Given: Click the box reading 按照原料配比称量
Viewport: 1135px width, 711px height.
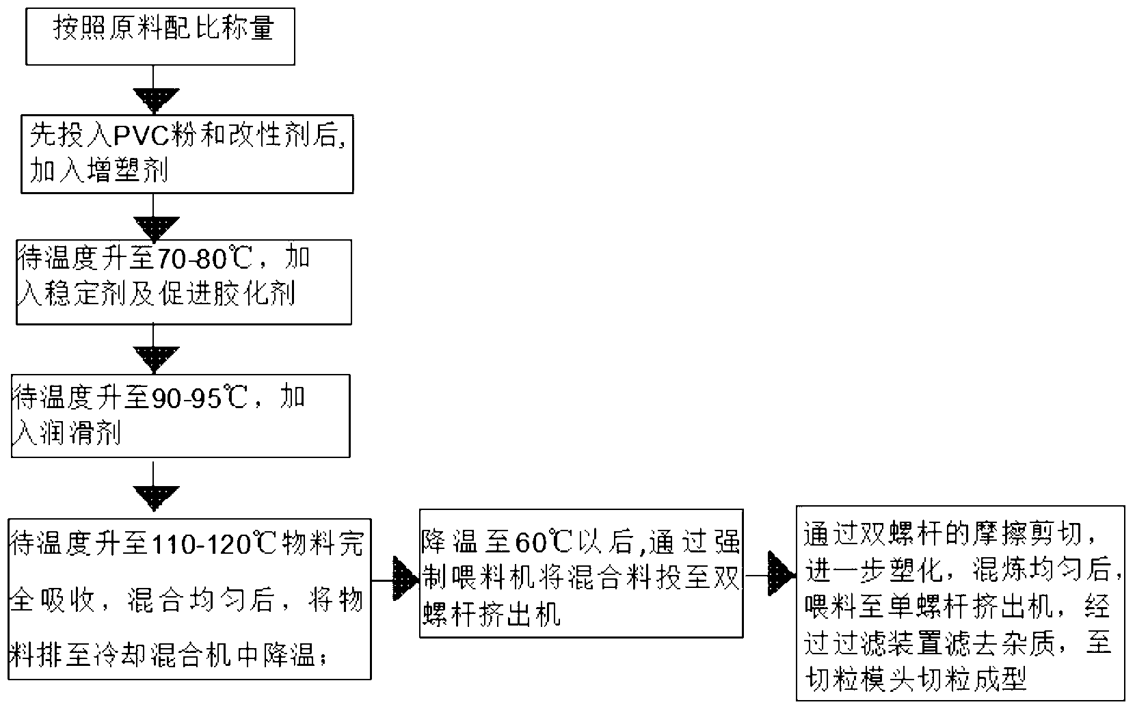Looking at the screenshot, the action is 160,36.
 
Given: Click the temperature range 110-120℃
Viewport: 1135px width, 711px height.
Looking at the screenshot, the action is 213,544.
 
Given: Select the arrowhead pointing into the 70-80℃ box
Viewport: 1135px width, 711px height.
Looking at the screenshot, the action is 156,228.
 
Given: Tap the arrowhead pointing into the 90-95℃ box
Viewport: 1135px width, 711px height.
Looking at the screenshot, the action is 156,359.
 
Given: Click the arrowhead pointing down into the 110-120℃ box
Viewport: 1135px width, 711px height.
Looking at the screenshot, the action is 156,498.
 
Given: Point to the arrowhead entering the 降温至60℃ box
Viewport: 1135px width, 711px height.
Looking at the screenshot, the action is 406,579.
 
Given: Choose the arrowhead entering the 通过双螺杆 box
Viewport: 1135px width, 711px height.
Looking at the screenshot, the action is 782,574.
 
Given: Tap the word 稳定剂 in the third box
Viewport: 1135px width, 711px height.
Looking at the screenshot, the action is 85,294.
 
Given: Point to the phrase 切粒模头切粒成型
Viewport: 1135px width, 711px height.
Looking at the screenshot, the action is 916,679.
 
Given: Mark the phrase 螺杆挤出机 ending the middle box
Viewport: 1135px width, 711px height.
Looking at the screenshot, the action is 492,615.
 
